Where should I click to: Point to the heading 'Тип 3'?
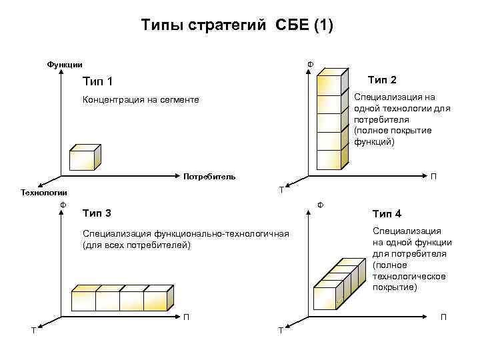pyautogui.click(x=97, y=213)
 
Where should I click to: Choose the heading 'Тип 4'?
pyautogui.click(x=387, y=214)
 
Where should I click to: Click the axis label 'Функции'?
pyautogui.click(x=65, y=65)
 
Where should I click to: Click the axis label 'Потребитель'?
pyautogui.click(x=209, y=177)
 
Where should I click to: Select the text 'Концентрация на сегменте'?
pyautogui.click(x=140, y=100)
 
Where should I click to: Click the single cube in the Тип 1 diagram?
pyautogui.click(x=83, y=159)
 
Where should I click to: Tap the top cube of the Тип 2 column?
pyautogui.click(x=329, y=84)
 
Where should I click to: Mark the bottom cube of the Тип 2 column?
pyautogui.click(x=329, y=160)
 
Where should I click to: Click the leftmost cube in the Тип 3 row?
pyautogui.click(x=83, y=300)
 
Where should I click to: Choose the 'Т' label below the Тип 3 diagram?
pyautogui.click(x=34, y=329)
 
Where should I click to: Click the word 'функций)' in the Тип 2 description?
pyautogui.click(x=374, y=142)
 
